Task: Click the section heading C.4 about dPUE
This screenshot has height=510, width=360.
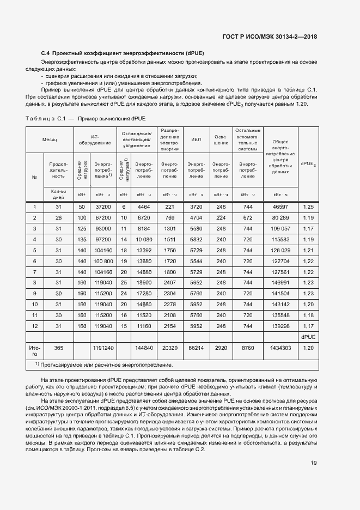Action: pyautogui.click(x=123, y=53)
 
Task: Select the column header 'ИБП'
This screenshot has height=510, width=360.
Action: pyautogui.click(x=196, y=139)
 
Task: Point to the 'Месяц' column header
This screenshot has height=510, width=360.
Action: pyautogui.click(x=51, y=139)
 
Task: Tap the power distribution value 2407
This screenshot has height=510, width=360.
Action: pyautogui.click(x=170, y=282)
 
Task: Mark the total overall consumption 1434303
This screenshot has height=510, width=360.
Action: pyautogui.click(x=280, y=347)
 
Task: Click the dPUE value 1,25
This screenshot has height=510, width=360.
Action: pyautogui.click(x=308, y=207)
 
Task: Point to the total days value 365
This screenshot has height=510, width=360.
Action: pyautogui.click(x=58, y=347)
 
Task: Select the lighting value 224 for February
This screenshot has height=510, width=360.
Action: pyautogui.click(x=221, y=217)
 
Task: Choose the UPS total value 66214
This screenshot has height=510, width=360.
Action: pyautogui.click(x=196, y=347)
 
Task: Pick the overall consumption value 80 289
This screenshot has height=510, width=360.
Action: pyautogui.click(x=280, y=217)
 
